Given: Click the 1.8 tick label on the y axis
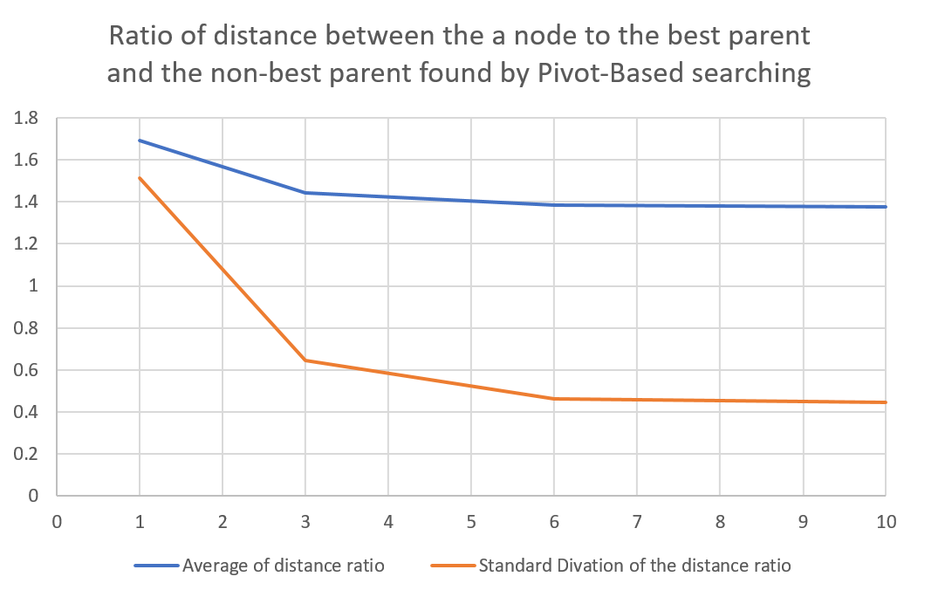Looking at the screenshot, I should (30, 119).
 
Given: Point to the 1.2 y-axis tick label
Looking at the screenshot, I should (30, 244).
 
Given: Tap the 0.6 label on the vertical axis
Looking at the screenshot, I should (30, 370).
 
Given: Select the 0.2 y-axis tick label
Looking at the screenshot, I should (30, 454).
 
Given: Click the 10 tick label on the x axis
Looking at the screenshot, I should (886, 523).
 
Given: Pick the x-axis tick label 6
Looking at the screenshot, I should (554, 523).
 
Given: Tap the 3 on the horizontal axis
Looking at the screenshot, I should (305, 523).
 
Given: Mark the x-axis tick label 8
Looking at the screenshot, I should (720, 523).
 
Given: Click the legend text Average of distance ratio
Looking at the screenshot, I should (283, 566).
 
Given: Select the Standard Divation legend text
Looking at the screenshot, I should (634, 566).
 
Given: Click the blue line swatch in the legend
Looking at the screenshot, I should (156, 566).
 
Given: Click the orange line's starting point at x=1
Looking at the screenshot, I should (140, 178).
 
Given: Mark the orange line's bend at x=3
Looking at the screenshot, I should (305, 360).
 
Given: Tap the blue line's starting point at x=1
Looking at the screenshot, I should (140, 141).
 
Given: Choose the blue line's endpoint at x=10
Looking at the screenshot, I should (886, 207).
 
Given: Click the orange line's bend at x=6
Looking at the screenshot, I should (554, 399).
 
